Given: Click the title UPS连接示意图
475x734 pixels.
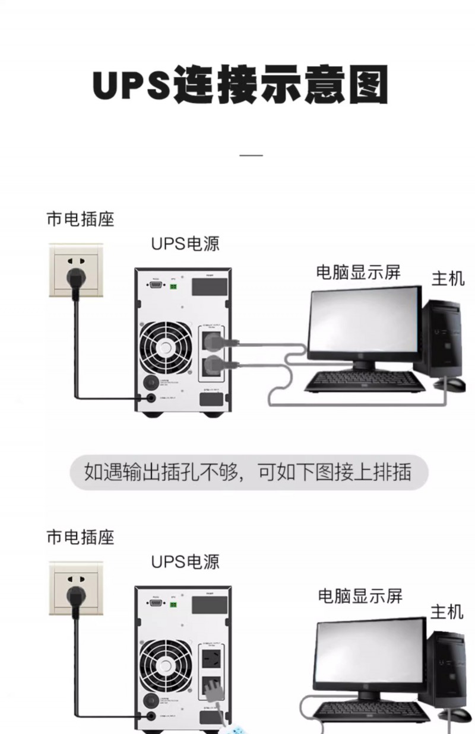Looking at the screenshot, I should point(240,87).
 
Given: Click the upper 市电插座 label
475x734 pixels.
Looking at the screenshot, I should point(80,219).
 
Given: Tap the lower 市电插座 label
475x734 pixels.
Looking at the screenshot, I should point(80,538).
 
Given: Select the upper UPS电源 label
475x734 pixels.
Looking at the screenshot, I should point(185,244).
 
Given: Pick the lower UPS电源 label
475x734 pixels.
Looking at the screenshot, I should point(185,561).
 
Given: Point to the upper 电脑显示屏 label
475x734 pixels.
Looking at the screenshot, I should point(358,272).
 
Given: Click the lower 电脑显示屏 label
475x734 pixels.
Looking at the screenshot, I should point(360,596).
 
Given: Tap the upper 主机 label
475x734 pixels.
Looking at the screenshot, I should point(448,277).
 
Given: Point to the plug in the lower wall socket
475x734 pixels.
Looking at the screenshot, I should point(75,595).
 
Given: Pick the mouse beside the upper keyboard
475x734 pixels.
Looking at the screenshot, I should point(454,385).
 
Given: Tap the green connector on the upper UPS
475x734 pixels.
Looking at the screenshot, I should point(173,286).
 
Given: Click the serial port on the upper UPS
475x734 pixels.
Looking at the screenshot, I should point(156,286).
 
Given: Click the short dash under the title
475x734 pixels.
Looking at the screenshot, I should point(251,155).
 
